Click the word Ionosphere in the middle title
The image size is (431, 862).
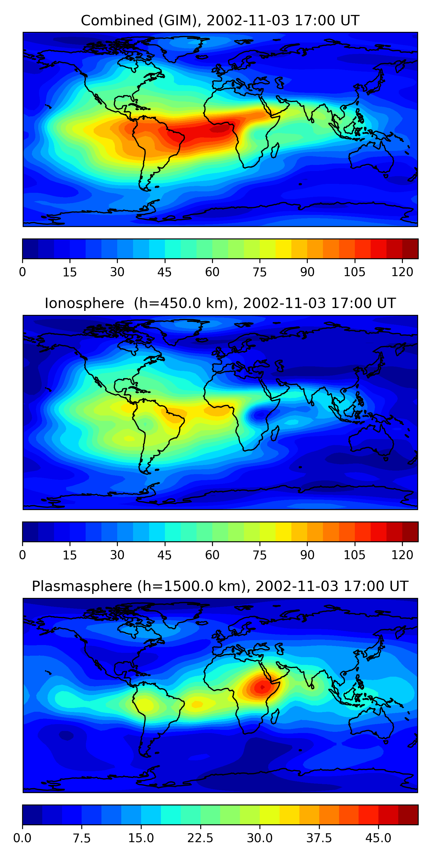[84, 303]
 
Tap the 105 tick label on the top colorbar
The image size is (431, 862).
[354, 272]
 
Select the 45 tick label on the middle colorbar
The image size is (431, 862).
[164, 555]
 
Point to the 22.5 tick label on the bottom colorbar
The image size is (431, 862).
[200, 838]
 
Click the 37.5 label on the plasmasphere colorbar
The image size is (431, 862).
[319, 838]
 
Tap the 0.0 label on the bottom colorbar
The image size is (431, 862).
[22, 838]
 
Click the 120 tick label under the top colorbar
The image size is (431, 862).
[402, 272]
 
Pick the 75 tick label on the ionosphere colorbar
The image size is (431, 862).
[259, 555]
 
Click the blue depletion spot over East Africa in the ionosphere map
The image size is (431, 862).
[260, 415]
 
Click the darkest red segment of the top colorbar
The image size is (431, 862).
[410, 249]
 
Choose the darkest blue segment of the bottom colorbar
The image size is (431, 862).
[32, 815]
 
